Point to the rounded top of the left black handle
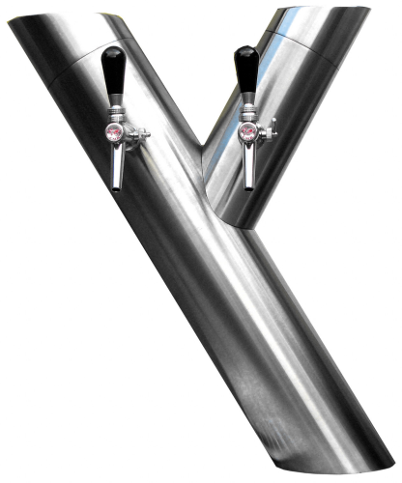point(112,50)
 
